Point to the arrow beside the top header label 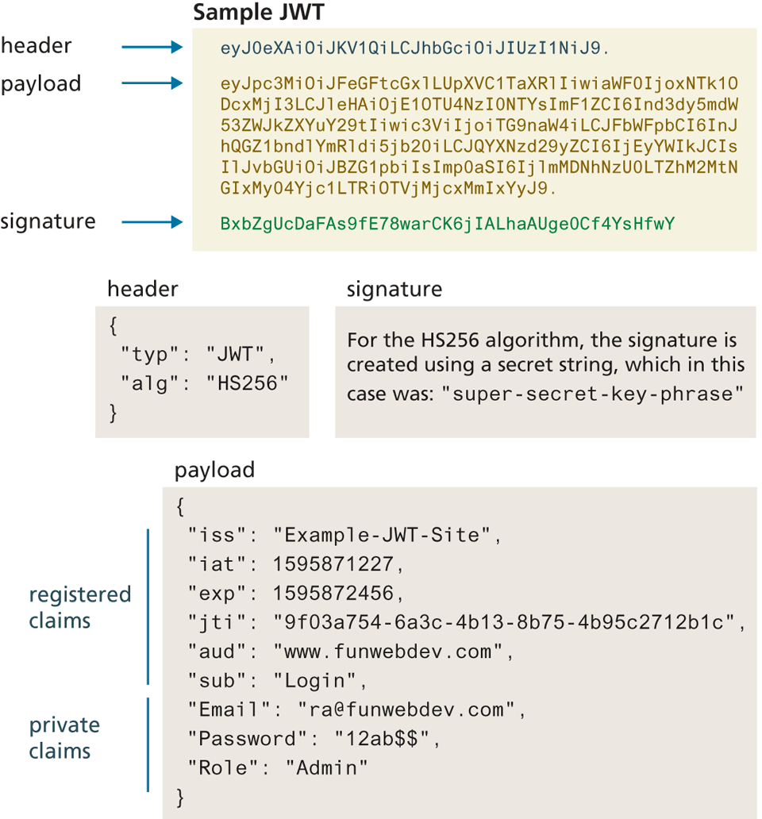tap(152, 48)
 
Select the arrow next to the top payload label tap(152, 83)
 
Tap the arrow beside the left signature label tap(152, 223)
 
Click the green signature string tap(448, 224)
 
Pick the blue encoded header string tap(415, 48)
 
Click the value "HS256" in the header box tap(246, 383)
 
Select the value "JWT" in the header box tap(239, 355)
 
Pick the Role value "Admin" tap(327, 767)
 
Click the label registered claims tap(79, 607)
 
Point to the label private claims tap(64, 738)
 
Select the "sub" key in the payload tap(214, 680)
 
